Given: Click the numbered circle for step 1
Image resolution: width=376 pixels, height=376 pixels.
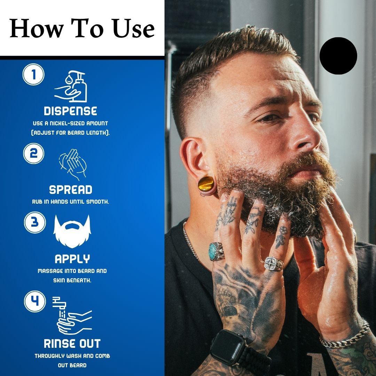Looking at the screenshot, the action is click(x=33, y=75).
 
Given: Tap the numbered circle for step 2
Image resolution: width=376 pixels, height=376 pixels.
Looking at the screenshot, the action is click(x=33, y=154).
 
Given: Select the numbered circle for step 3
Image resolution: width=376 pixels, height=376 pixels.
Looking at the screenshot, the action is click(x=35, y=222).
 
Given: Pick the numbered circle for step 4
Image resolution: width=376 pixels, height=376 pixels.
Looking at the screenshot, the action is click(x=35, y=301).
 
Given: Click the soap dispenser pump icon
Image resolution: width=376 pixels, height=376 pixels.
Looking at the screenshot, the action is click(x=71, y=86).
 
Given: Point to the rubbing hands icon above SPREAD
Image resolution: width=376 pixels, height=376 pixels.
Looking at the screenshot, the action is click(x=73, y=164).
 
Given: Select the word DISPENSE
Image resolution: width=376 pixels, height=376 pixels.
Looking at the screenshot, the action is click(x=70, y=111).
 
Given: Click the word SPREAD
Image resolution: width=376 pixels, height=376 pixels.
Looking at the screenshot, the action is click(x=71, y=190).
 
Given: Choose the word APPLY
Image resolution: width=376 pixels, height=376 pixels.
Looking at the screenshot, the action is click(x=72, y=259).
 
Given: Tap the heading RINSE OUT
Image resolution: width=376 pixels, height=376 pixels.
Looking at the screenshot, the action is click(x=72, y=344).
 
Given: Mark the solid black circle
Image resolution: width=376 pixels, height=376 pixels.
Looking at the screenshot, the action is click(x=338, y=56).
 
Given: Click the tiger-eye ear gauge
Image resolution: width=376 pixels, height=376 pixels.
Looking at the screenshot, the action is click(x=206, y=184).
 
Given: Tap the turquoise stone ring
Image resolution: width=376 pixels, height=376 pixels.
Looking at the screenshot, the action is click(x=216, y=251).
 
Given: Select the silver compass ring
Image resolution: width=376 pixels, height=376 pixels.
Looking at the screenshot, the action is click(x=274, y=264).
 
